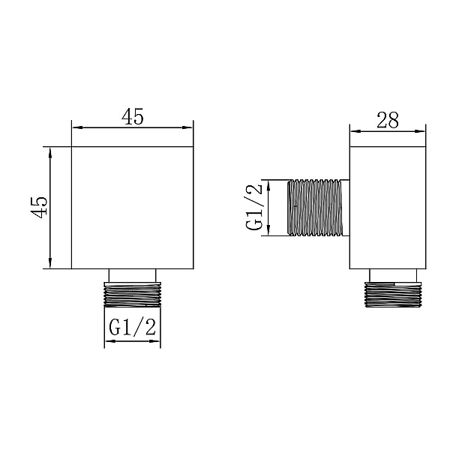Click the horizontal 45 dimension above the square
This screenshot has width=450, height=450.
tap(132, 117)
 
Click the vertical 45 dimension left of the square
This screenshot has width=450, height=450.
tap(39, 208)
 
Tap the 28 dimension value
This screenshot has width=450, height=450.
tap(388, 120)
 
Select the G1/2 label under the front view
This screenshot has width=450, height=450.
tap(132, 328)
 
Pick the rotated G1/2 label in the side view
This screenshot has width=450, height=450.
tap(254, 207)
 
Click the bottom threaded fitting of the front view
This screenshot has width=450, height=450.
tap(133, 295)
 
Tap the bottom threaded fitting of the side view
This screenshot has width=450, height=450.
tap(393, 295)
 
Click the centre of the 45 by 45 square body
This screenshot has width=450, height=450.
tap(132, 208)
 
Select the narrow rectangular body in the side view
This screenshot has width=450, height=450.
tap(388, 208)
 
